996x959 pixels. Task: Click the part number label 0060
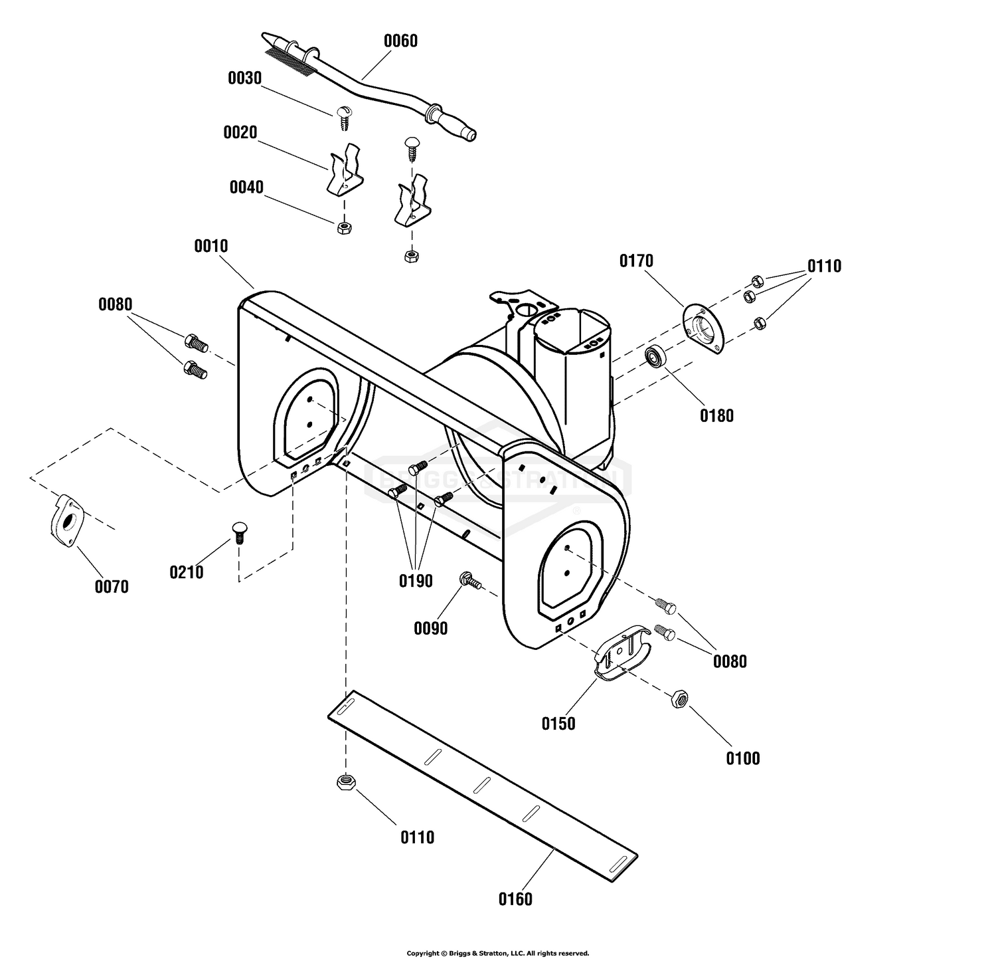[400, 41]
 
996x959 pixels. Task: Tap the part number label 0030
[245, 78]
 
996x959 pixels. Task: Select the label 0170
[636, 261]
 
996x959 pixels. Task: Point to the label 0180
[716, 416]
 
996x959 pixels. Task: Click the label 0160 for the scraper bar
[515, 899]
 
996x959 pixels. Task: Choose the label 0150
[558, 724]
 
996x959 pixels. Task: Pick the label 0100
[742, 758]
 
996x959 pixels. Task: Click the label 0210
[187, 572]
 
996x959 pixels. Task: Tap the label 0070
[112, 587]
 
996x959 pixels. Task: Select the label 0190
[416, 581]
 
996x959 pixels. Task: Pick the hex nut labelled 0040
[344, 228]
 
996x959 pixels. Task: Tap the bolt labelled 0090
[471, 580]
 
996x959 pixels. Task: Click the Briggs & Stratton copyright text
[497, 953]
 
